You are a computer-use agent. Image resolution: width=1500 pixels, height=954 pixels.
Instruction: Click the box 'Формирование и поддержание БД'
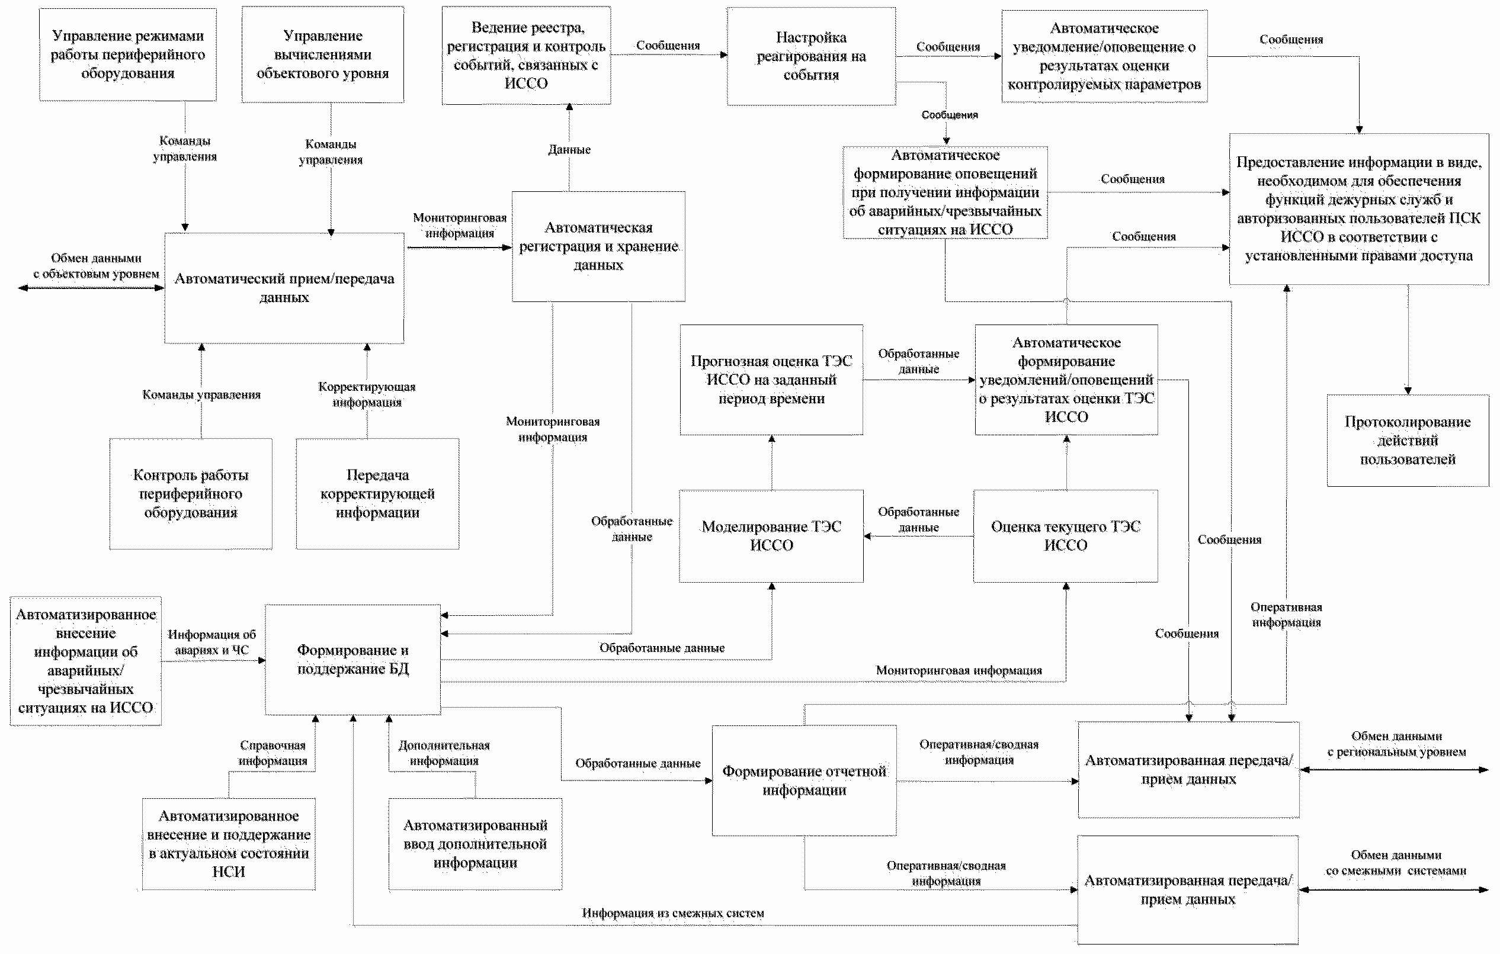352,660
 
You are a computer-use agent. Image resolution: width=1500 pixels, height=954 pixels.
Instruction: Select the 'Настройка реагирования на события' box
811,56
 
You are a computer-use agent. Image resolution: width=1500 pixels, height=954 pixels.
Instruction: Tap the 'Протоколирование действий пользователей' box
1408,440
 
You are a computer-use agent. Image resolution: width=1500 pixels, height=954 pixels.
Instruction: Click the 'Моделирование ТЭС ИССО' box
771,536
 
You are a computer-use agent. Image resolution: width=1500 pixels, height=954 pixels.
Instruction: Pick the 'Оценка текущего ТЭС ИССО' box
1066,536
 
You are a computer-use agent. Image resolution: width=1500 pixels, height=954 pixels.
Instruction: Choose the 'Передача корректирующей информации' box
377,494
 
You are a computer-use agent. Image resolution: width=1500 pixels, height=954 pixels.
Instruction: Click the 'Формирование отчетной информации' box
804,780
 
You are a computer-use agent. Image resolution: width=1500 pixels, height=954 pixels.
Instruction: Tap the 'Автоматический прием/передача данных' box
284,288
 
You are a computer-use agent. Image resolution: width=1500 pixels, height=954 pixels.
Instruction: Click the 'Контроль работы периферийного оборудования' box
191,494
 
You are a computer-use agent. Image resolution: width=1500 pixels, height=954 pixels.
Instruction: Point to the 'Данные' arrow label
569,149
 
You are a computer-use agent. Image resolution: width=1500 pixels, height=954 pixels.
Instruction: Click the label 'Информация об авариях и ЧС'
212,642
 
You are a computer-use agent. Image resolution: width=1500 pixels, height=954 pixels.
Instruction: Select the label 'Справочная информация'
273,753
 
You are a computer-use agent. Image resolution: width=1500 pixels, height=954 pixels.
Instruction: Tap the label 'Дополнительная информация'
444,753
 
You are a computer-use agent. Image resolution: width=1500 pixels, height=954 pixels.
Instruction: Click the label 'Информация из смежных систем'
673,913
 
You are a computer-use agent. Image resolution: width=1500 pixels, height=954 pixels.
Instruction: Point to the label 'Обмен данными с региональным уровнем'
1396,744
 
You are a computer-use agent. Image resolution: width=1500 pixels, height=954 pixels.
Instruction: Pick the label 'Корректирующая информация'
367,394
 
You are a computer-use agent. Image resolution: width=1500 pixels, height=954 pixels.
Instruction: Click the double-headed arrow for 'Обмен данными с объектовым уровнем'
91,288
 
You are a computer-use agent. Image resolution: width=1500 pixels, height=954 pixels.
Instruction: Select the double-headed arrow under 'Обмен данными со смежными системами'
1393,890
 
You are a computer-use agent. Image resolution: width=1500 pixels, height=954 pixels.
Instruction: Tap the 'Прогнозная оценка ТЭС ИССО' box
771,380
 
